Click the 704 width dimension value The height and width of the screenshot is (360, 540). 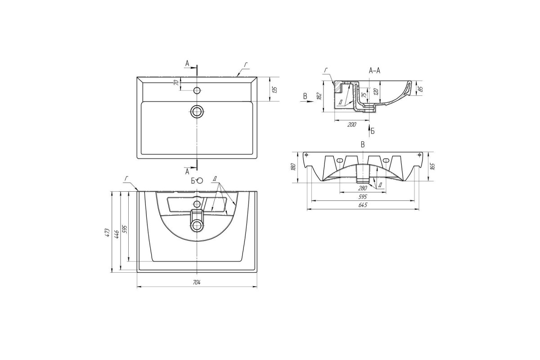[197, 282]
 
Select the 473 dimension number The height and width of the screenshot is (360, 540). [108, 232]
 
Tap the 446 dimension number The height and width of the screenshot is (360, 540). [117, 234]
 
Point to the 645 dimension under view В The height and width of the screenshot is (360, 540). [363, 205]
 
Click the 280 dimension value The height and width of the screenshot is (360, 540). [363, 188]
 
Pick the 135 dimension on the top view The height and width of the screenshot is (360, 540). [274, 90]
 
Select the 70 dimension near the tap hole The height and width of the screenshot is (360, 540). [177, 82]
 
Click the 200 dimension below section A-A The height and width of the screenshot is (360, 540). [352, 125]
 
